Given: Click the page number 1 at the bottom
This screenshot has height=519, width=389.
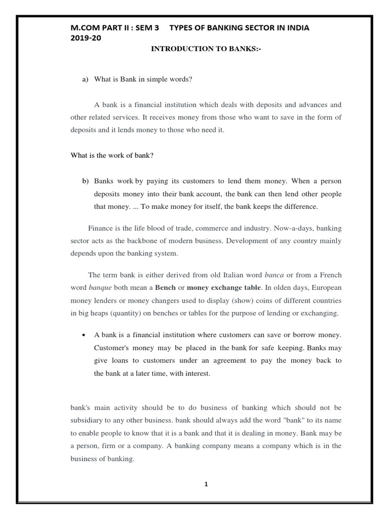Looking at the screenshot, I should coord(206,484).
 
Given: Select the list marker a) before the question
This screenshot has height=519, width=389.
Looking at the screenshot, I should coord(85,79).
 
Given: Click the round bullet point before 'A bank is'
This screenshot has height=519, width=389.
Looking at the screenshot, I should coord(83,336).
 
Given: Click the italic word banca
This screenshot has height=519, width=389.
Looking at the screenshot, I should coord(275,275).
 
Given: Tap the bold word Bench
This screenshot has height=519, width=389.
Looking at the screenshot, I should coord(165,288).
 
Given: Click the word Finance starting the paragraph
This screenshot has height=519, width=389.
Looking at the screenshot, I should coord(101,228).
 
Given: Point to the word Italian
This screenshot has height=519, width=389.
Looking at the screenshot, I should coord(232,275).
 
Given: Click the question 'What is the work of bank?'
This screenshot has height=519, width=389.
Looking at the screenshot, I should coord(111,156).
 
